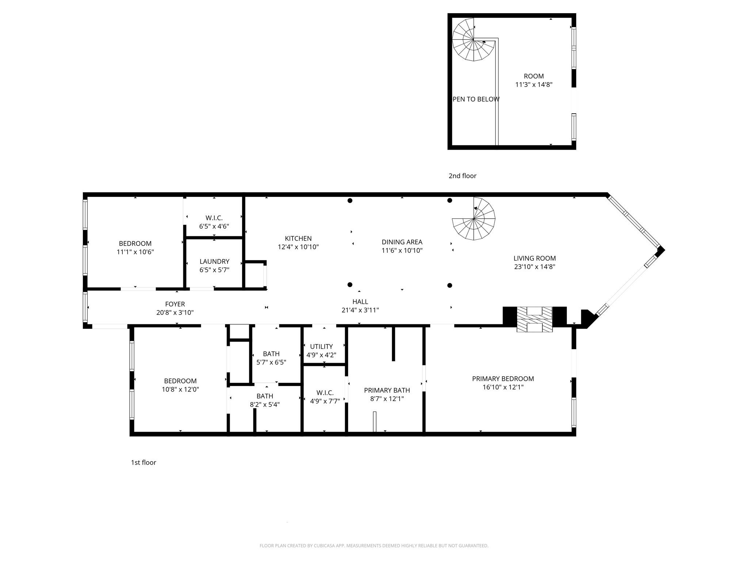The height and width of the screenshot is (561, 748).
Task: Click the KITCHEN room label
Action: click(298, 239)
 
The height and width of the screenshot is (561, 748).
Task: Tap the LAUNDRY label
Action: click(214, 262)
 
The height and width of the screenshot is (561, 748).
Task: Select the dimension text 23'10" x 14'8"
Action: click(534, 267)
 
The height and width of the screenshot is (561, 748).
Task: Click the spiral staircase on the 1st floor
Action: click(474, 219)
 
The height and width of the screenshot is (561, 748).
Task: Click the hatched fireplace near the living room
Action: click(534, 319)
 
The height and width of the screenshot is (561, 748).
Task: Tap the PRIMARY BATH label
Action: click(387, 390)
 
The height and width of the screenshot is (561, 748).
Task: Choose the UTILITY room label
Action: click(321, 347)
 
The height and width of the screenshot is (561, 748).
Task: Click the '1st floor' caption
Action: click(144, 462)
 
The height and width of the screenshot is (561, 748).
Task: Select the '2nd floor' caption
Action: click(462, 176)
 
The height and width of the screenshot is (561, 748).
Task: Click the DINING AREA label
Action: click(402, 242)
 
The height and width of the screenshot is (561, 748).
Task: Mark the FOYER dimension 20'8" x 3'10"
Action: click(175, 313)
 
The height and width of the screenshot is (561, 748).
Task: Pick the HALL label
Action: click(360, 302)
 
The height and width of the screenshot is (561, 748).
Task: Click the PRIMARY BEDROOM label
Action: click(503, 379)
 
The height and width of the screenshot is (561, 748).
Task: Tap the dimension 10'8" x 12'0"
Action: click(180, 389)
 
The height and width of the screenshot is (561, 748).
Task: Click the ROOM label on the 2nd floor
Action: click(534, 76)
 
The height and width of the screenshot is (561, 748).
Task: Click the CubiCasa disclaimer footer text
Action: click(374, 546)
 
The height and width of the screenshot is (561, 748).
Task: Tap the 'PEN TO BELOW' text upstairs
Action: click(476, 99)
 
